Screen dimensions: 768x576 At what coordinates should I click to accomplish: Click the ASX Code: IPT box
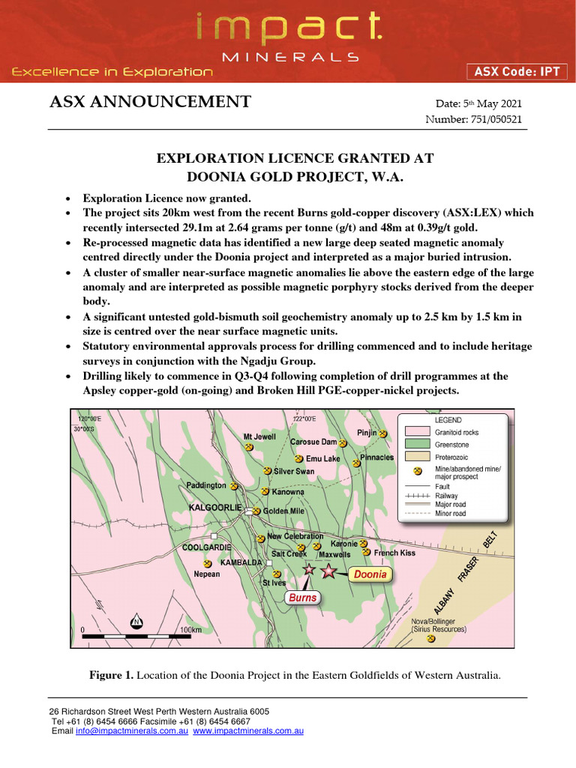[517, 72]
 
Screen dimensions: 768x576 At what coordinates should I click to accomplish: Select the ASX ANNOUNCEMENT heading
[150, 103]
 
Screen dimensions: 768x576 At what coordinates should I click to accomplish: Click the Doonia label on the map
[370, 574]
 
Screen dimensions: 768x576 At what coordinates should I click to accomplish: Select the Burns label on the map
[303, 598]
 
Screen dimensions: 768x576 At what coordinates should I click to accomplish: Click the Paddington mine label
[206, 485]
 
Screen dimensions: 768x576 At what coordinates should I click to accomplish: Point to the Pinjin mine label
[367, 433]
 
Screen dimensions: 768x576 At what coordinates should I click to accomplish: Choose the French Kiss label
[394, 553]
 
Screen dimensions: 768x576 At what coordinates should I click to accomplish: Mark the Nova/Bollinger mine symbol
[431, 639]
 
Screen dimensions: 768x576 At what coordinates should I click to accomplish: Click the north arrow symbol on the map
[136, 622]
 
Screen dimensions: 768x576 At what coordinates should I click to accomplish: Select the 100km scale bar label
[190, 630]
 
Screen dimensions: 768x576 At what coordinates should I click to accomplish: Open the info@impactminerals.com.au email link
[131, 730]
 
